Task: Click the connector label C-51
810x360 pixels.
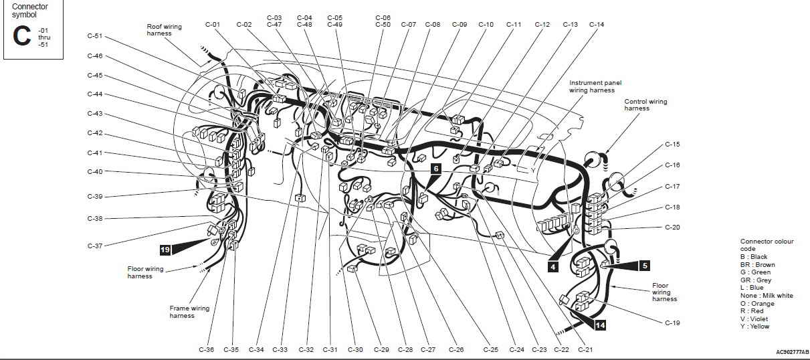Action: point(95,36)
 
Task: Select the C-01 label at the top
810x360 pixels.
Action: point(213,24)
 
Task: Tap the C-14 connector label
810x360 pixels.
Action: point(597,24)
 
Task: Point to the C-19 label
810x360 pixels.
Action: point(672,323)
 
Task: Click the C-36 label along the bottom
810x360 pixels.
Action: point(207,349)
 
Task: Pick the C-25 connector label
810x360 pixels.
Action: point(491,349)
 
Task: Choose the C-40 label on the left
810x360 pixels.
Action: point(95,171)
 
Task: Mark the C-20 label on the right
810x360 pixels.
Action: point(672,228)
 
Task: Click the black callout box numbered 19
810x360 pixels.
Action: point(165,250)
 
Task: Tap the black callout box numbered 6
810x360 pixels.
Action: point(436,169)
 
